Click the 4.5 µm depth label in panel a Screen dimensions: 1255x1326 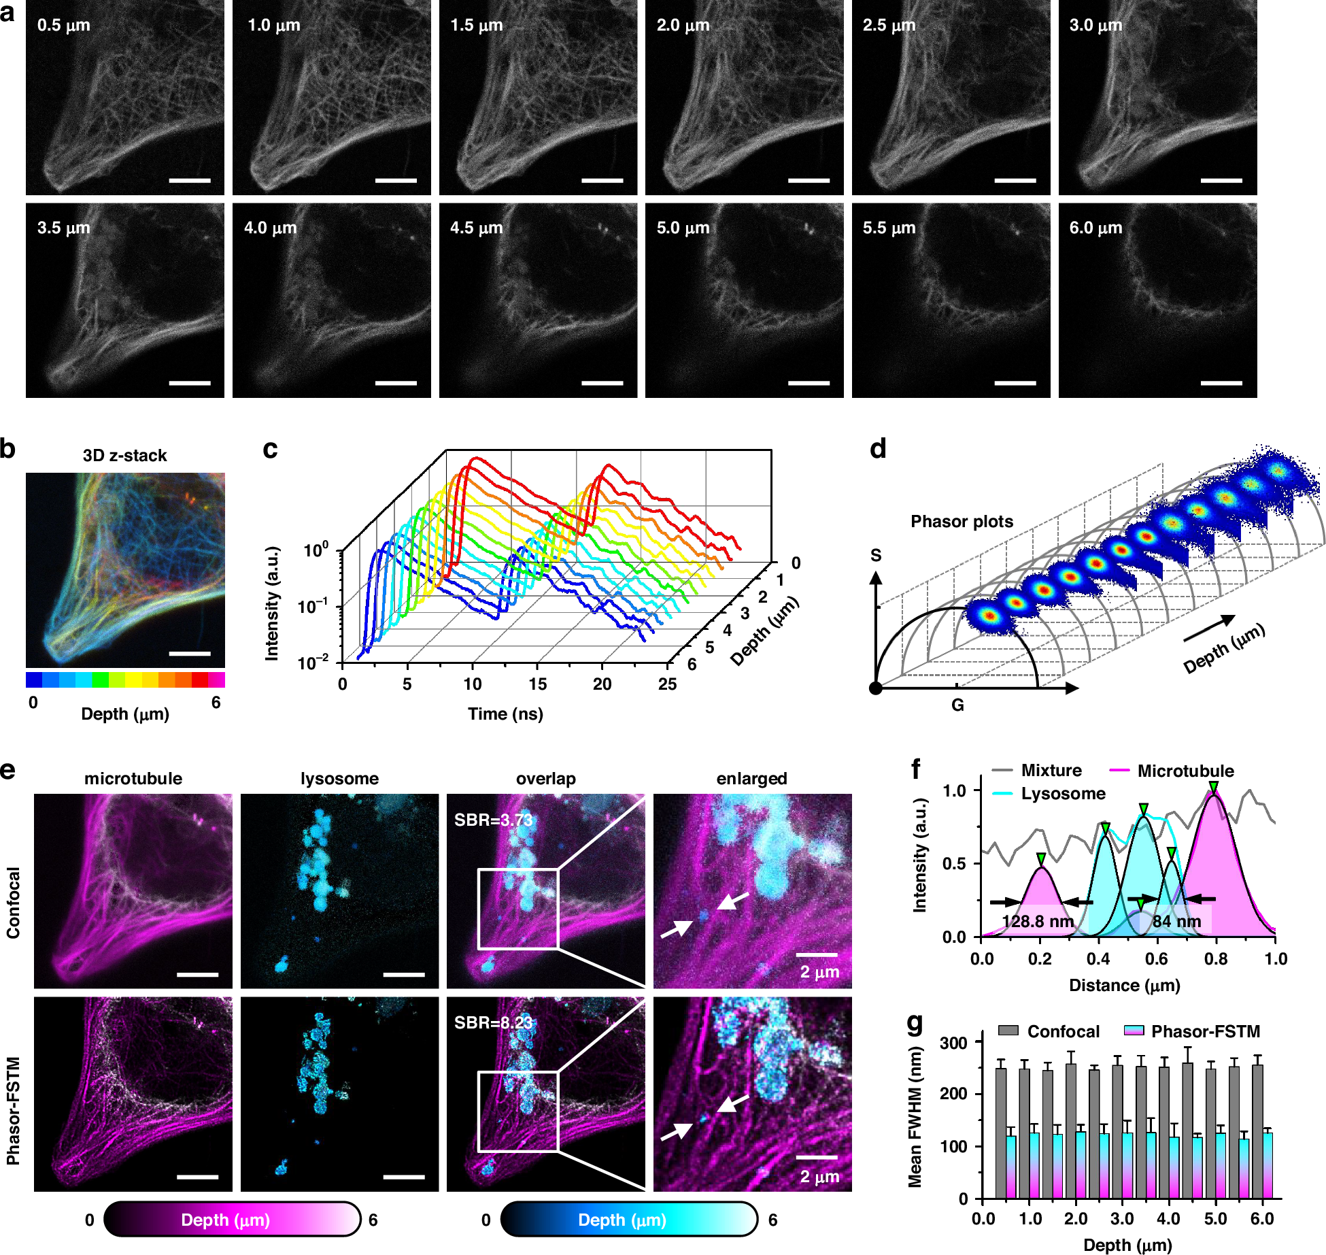(476, 228)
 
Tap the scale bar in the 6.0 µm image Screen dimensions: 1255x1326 (1221, 383)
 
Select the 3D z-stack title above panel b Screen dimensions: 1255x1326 (124, 456)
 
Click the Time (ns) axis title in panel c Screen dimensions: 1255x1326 (505, 714)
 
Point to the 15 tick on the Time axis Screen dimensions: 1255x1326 (537, 684)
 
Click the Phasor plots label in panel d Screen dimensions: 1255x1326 (962, 522)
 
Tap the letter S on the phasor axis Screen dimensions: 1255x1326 (876, 556)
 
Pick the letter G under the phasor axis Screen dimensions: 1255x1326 (957, 705)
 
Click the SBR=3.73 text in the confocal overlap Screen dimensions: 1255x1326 (493, 820)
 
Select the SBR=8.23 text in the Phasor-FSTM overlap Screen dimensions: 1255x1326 (493, 1023)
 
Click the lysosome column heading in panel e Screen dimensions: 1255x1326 (339, 779)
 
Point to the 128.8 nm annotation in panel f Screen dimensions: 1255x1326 (1037, 922)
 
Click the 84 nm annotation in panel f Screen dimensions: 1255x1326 (1176, 922)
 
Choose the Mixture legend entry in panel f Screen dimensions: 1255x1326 (1051, 771)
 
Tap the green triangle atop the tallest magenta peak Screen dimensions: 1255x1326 (1214, 787)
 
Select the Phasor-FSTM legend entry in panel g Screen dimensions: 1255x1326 (1205, 1032)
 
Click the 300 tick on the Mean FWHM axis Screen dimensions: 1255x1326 (953, 1043)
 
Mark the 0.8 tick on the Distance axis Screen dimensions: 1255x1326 (1216, 959)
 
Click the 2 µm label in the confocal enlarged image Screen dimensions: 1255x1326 (819, 972)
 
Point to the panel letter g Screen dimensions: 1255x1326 (915, 1021)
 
